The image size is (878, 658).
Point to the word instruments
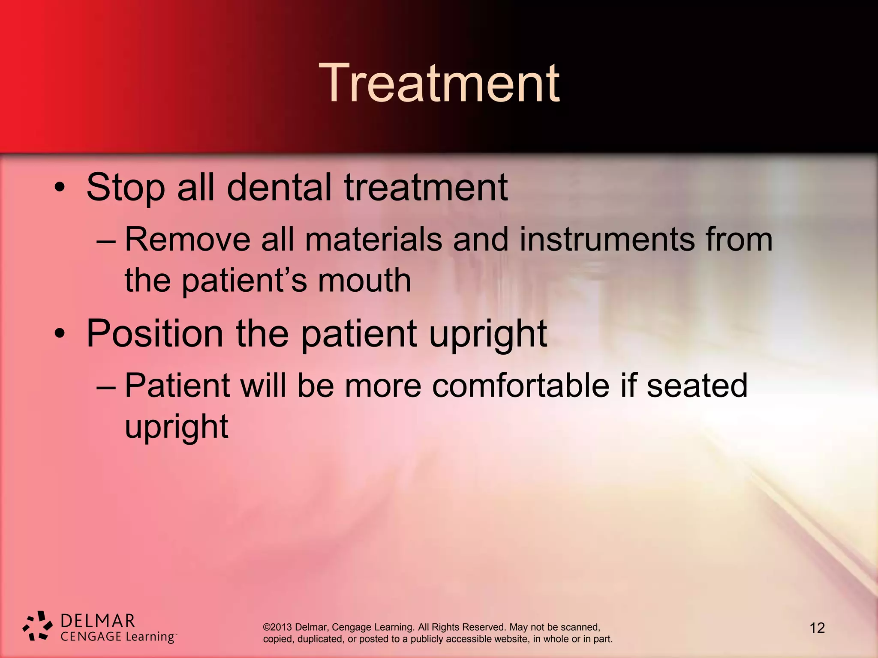point(607,239)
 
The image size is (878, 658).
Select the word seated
point(697,386)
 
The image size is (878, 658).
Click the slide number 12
point(817,628)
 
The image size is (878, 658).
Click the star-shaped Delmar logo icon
point(38,626)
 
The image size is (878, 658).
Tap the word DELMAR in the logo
point(98,621)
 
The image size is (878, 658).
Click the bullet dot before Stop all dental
point(60,188)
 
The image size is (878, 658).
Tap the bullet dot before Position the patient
point(60,335)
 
